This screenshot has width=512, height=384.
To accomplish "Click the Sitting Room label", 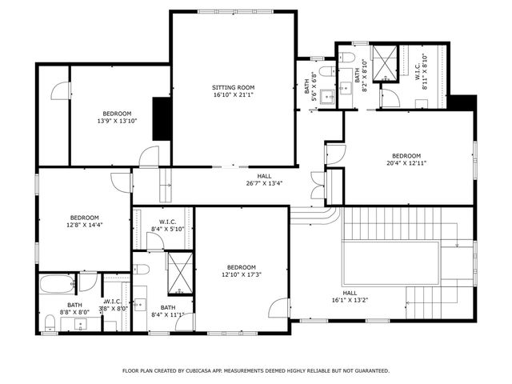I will tap(233, 86).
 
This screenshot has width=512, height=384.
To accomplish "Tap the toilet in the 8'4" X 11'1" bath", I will tap(141, 268).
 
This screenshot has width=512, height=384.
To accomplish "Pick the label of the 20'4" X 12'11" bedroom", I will tap(406, 155).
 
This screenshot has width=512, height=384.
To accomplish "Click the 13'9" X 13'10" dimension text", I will tap(117, 121).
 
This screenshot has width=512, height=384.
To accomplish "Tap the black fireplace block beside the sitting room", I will tap(162, 119).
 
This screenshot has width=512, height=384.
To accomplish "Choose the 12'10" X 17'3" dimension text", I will tap(241, 274).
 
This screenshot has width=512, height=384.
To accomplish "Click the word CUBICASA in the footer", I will tap(205, 371).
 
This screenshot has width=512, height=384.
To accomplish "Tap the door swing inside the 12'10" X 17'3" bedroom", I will tap(279, 309).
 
